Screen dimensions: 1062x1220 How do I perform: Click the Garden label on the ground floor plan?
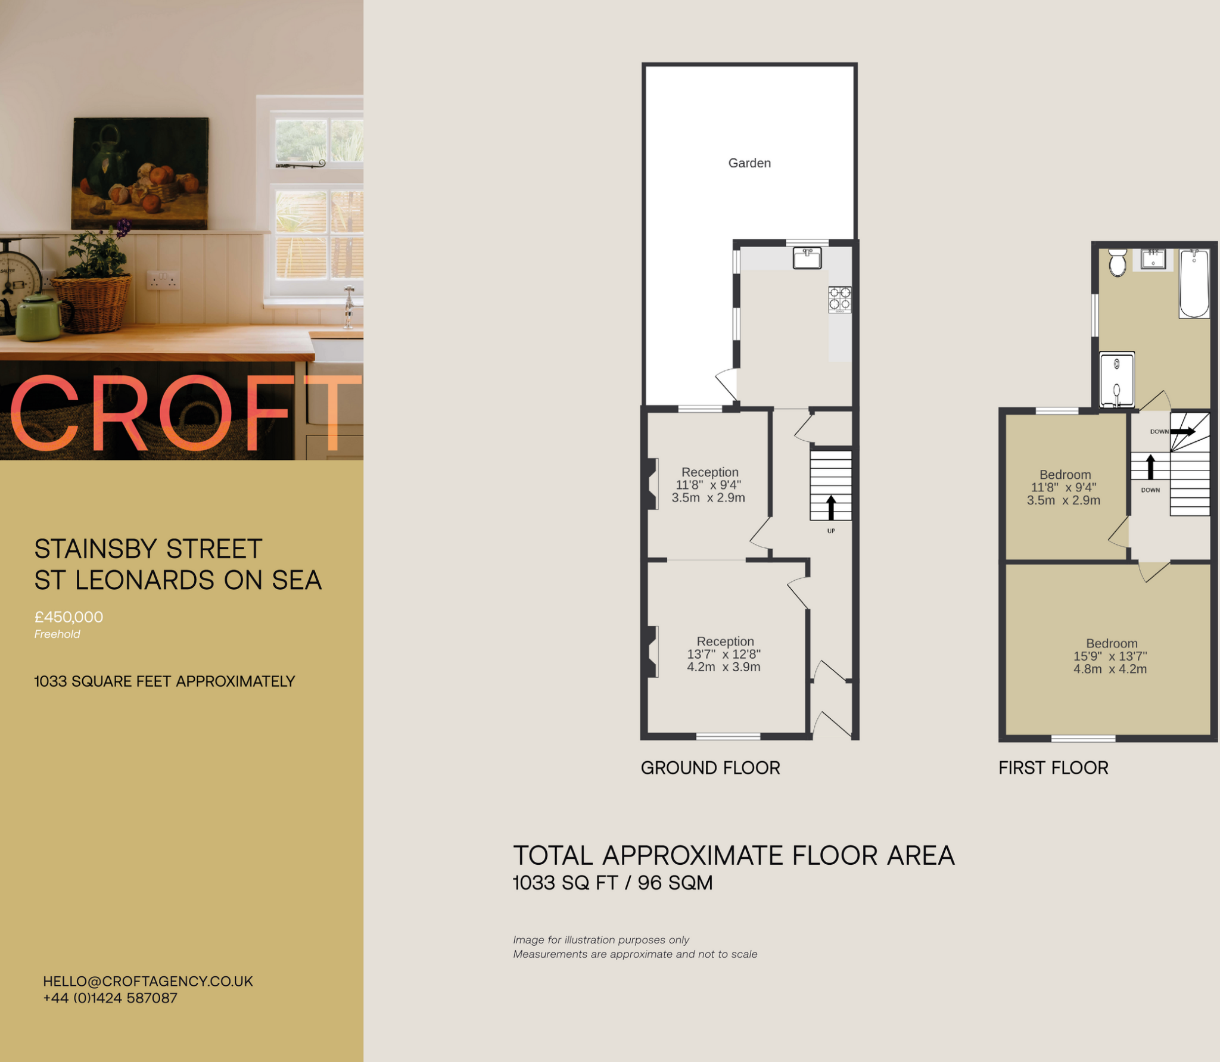[x=749, y=163]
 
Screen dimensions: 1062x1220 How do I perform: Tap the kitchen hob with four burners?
[x=840, y=300]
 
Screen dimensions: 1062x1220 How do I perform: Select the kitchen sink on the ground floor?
[x=807, y=259]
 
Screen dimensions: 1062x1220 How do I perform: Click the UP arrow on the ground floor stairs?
[x=831, y=507]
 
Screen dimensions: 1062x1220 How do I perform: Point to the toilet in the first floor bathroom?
[x=1118, y=263]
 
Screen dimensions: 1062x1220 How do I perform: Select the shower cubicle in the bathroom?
[x=1117, y=380]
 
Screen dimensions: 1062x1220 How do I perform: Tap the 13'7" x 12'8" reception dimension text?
[x=724, y=655]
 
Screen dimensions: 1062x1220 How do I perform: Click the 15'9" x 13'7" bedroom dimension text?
[x=1110, y=656]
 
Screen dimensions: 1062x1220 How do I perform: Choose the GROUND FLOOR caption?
[x=710, y=768]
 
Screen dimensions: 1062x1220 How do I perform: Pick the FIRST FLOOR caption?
[x=1053, y=768]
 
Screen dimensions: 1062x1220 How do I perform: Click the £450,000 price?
[x=69, y=617]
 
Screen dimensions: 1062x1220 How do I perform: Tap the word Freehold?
[x=57, y=634]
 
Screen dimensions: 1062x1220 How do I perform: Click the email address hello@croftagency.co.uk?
[x=148, y=981]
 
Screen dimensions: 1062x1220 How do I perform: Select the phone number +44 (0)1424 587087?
[x=110, y=998]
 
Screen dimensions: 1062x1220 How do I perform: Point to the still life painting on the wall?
[x=141, y=173]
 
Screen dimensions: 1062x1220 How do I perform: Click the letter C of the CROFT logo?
[x=45, y=414]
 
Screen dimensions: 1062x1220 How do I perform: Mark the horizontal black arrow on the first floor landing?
[x=1183, y=431]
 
